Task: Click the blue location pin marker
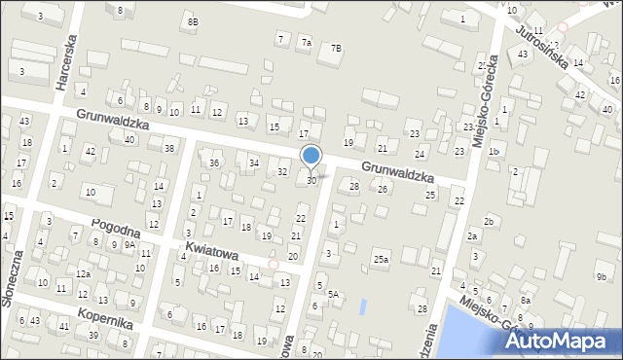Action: tap(311, 156)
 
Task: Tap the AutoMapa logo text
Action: tap(558, 342)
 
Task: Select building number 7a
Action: tap(306, 43)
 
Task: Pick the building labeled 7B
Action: tap(336, 48)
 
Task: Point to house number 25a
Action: tap(380, 259)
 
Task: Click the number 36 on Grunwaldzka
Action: tap(214, 162)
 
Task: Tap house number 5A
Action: tap(333, 293)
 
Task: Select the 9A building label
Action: tap(129, 244)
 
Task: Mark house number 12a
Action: tap(84, 274)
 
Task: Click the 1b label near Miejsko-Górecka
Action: tap(495, 152)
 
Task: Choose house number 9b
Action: tap(601, 277)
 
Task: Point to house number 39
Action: tap(93, 335)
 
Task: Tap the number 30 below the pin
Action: tap(311, 180)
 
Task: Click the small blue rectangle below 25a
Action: tap(363, 306)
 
